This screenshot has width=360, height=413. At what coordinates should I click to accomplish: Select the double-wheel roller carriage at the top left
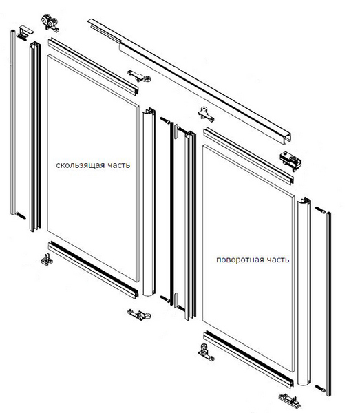(50, 23)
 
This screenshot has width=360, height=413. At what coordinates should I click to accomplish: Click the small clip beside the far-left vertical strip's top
(25, 32)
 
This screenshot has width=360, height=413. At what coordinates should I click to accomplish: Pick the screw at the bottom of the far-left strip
(21, 215)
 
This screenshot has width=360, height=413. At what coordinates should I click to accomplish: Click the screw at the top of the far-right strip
(320, 210)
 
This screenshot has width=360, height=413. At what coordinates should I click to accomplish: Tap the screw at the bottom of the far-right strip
(320, 388)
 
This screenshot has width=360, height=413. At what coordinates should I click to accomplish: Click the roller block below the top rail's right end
(290, 160)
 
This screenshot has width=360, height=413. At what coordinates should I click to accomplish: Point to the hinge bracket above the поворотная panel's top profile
(205, 114)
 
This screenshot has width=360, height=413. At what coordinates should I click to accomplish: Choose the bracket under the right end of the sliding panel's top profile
(139, 76)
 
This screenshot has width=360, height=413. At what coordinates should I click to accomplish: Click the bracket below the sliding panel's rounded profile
(139, 315)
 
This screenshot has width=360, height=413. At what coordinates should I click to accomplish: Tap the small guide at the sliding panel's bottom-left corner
(47, 260)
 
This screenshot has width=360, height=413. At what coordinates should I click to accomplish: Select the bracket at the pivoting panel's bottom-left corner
(206, 352)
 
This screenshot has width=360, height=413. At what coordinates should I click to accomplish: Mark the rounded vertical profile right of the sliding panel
(149, 202)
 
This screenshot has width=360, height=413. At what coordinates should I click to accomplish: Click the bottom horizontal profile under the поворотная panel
(248, 359)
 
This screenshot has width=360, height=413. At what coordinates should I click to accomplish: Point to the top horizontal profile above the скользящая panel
(93, 66)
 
